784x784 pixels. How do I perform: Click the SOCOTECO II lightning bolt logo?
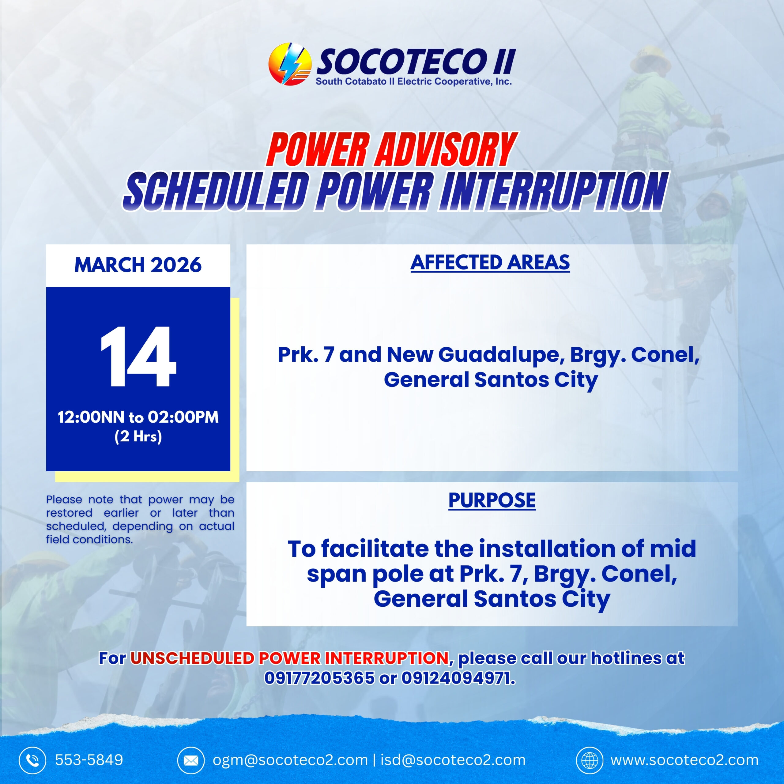[289, 64]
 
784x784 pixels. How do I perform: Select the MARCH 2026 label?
[138, 265]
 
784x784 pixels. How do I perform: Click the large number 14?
[138, 357]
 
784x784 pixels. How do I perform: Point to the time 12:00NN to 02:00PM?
[138, 417]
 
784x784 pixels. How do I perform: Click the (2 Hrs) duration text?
[138, 437]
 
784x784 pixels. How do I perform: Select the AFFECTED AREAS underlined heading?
[490, 262]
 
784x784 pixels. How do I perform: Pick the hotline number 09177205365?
[319, 678]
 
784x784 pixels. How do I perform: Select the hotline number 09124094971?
[458, 678]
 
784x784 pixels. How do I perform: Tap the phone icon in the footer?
[32, 760]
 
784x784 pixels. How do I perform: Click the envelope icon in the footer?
[191, 760]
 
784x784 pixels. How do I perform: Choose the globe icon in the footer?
[590, 760]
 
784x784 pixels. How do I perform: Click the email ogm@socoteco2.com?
[290, 760]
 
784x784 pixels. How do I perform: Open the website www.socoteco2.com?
[684, 760]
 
